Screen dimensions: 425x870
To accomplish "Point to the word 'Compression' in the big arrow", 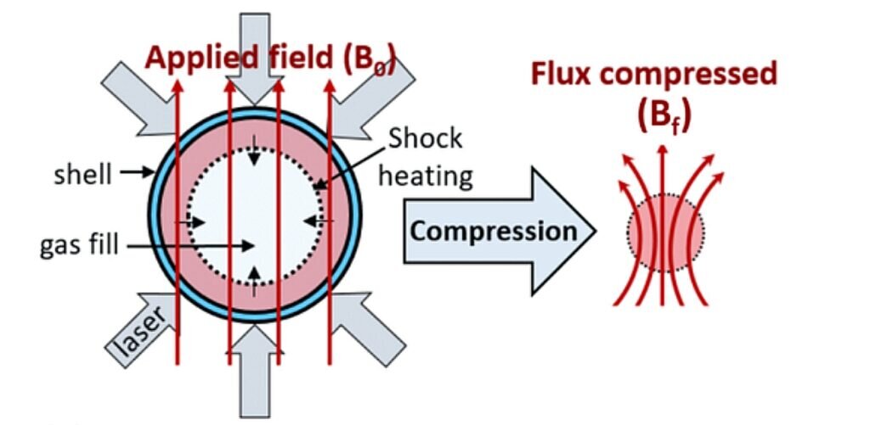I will (493, 231).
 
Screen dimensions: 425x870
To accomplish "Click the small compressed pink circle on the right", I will (665, 232).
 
